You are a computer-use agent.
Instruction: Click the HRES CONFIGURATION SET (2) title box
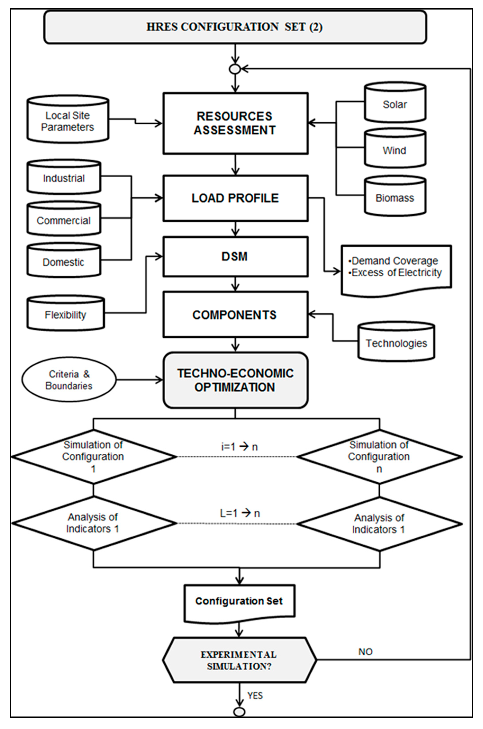(235, 27)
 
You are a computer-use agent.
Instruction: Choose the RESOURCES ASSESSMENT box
(235, 123)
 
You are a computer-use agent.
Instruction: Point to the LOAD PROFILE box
(235, 198)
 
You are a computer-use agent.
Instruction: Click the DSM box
(235, 256)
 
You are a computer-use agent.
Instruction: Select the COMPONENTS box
(235, 315)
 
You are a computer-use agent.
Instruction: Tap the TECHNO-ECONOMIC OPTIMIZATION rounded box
(235, 380)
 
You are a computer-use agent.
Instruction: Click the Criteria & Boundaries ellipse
(69, 379)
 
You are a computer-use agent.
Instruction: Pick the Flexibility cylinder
(65, 314)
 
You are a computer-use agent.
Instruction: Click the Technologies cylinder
(396, 342)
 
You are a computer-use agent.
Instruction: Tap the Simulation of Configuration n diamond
(379, 457)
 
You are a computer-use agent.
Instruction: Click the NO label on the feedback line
(365, 652)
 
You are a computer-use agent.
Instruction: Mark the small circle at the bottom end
(239, 712)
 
